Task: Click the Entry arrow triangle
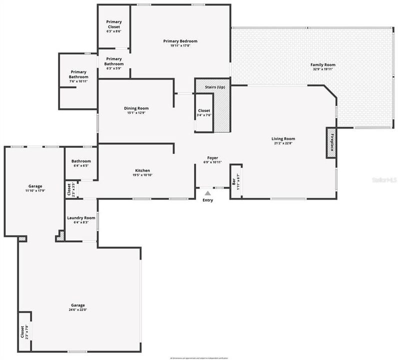pyautogui.click(x=207, y=192)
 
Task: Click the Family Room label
pyautogui.click(x=322, y=64)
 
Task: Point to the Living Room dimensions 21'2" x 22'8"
pyautogui.click(x=283, y=144)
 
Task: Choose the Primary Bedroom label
pyautogui.click(x=180, y=41)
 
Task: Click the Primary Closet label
pyautogui.click(x=114, y=24)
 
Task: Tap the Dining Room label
pyautogui.click(x=136, y=108)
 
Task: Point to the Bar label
pyautogui.click(x=233, y=181)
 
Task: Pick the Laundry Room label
pyautogui.click(x=81, y=218)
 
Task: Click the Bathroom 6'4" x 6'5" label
pyautogui.click(x=80, y=161)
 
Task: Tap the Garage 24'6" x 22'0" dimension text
pyautogui.click(x=77, y=309)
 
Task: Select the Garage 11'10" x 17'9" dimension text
pyautogui.click(x=35, y=190)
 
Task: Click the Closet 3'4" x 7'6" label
pyautogui.click(x=204, y=110)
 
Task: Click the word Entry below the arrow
pyautogui.click(x=207, y=200)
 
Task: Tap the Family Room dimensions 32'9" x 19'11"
pyautogui.click(x=322, y=69)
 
